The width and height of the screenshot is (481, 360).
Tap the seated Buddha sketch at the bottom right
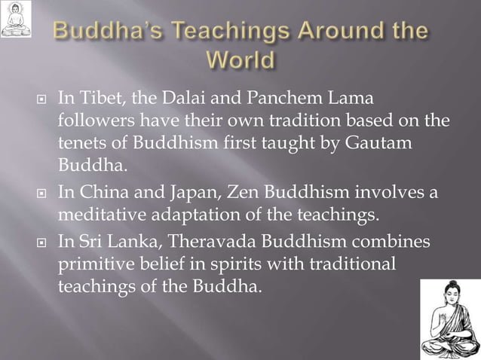450,319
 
